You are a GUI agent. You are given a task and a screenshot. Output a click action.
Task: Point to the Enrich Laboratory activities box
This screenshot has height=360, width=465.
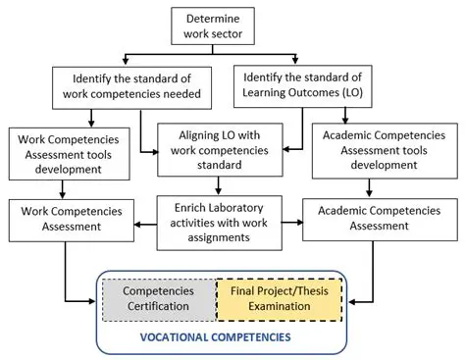coord(224,215)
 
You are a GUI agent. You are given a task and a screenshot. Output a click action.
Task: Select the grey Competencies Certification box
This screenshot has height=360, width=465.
coord(159,298)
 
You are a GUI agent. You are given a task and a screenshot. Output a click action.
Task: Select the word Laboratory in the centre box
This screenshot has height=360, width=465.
coord(240,206)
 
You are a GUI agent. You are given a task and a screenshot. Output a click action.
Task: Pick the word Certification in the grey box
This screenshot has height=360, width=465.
coord(159,307)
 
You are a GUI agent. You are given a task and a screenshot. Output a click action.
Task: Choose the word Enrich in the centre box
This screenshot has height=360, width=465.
coord(184,206)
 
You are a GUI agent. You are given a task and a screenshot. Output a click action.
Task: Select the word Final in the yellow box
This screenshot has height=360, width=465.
coord(243,290)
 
